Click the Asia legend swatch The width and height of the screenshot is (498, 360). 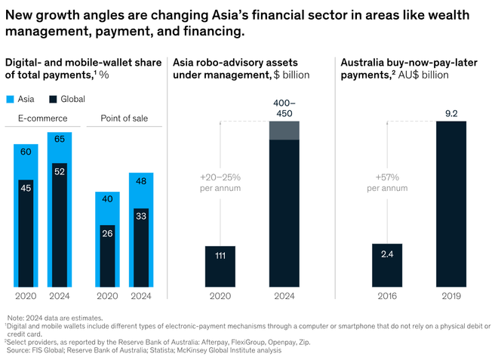[x=10, y=99]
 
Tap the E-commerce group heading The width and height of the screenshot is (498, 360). [x=43, y=118]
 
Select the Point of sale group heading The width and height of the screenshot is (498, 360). [x=124, y=118]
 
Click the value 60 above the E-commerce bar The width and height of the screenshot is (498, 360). [x=25, y=152]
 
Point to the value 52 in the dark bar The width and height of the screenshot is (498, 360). [x=60, y=172]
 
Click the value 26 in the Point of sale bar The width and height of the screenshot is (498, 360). [x=106, y=234]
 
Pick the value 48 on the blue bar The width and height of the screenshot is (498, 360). [x=140, y=181]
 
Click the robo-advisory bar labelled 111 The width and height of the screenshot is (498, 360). [x=220, y=266]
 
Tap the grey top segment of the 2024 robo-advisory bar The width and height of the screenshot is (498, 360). [x=284, y=130]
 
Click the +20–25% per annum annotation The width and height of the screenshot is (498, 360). [x=220, y=182]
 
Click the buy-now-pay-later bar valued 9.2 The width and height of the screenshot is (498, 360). [x=450, y=204]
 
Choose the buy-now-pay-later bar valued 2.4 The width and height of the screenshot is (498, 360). [x=387, y=265]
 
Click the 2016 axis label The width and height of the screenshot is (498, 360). [x=387, y=296]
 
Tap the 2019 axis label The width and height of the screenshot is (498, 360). [x=450, y=296]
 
